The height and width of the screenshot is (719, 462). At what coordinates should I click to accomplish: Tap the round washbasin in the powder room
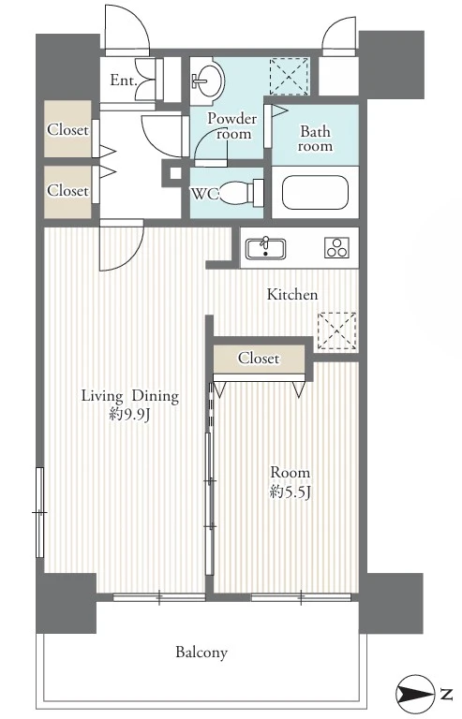(x=207, y=81)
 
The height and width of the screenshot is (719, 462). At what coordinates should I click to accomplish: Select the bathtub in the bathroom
(x=315, y=193)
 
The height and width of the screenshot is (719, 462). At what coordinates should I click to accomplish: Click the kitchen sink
(x=265, y=249)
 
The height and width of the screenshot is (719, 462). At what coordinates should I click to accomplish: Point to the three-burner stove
(x=336, y=247)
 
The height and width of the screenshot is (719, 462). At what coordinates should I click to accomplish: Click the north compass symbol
(x=414, y=695)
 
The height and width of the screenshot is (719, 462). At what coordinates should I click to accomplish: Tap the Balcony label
(x=201, y=652)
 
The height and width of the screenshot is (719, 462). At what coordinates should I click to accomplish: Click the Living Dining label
(x=130, y=396)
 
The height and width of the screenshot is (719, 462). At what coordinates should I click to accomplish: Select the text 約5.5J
(x=291, y=492)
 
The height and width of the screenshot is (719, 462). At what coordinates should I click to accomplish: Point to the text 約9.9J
(x=130, y=415)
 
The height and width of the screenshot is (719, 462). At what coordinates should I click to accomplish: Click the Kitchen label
(x=292, y=294)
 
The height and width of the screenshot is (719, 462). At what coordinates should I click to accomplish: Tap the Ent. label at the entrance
(x=124, y=81)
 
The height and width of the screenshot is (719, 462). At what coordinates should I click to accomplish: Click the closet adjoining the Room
(x=259, y=359)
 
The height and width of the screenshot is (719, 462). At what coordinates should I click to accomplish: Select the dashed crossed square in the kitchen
(x=336, y=330)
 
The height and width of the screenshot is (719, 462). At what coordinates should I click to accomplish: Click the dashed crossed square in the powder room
(x=289, y=76)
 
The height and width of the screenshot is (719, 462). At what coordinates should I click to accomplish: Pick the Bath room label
(x=315, y=139)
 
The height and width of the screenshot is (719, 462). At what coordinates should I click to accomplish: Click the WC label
(x=204, y=194)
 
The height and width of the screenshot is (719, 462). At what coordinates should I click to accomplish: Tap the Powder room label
(x=232, y=125)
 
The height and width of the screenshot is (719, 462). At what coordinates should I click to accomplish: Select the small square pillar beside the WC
(x=175, y=173)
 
